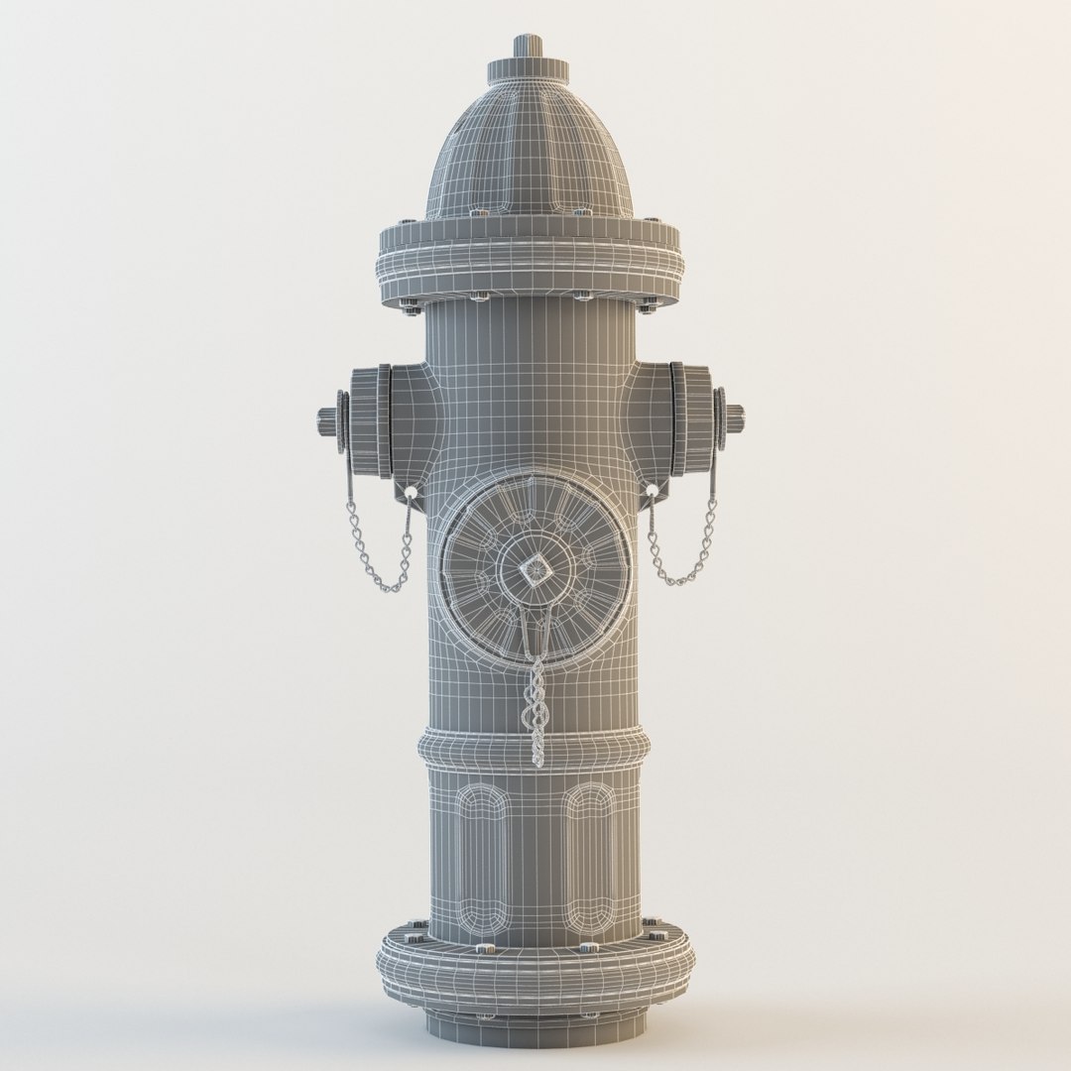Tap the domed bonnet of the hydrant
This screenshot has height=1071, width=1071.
[529, 149]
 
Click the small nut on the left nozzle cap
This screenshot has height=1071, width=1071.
[326, 420]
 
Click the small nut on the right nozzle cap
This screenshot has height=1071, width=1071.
[735, 418]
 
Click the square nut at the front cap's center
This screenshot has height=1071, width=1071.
[535, 570]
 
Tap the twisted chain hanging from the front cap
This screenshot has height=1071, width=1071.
[536, 704]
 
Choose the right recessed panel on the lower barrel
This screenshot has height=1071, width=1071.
[589, 858]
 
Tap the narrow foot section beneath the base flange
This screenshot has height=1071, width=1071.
[535, 1026]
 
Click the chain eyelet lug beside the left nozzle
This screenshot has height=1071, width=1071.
[410, 493]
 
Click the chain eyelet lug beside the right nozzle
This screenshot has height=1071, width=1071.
[653, 491]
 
